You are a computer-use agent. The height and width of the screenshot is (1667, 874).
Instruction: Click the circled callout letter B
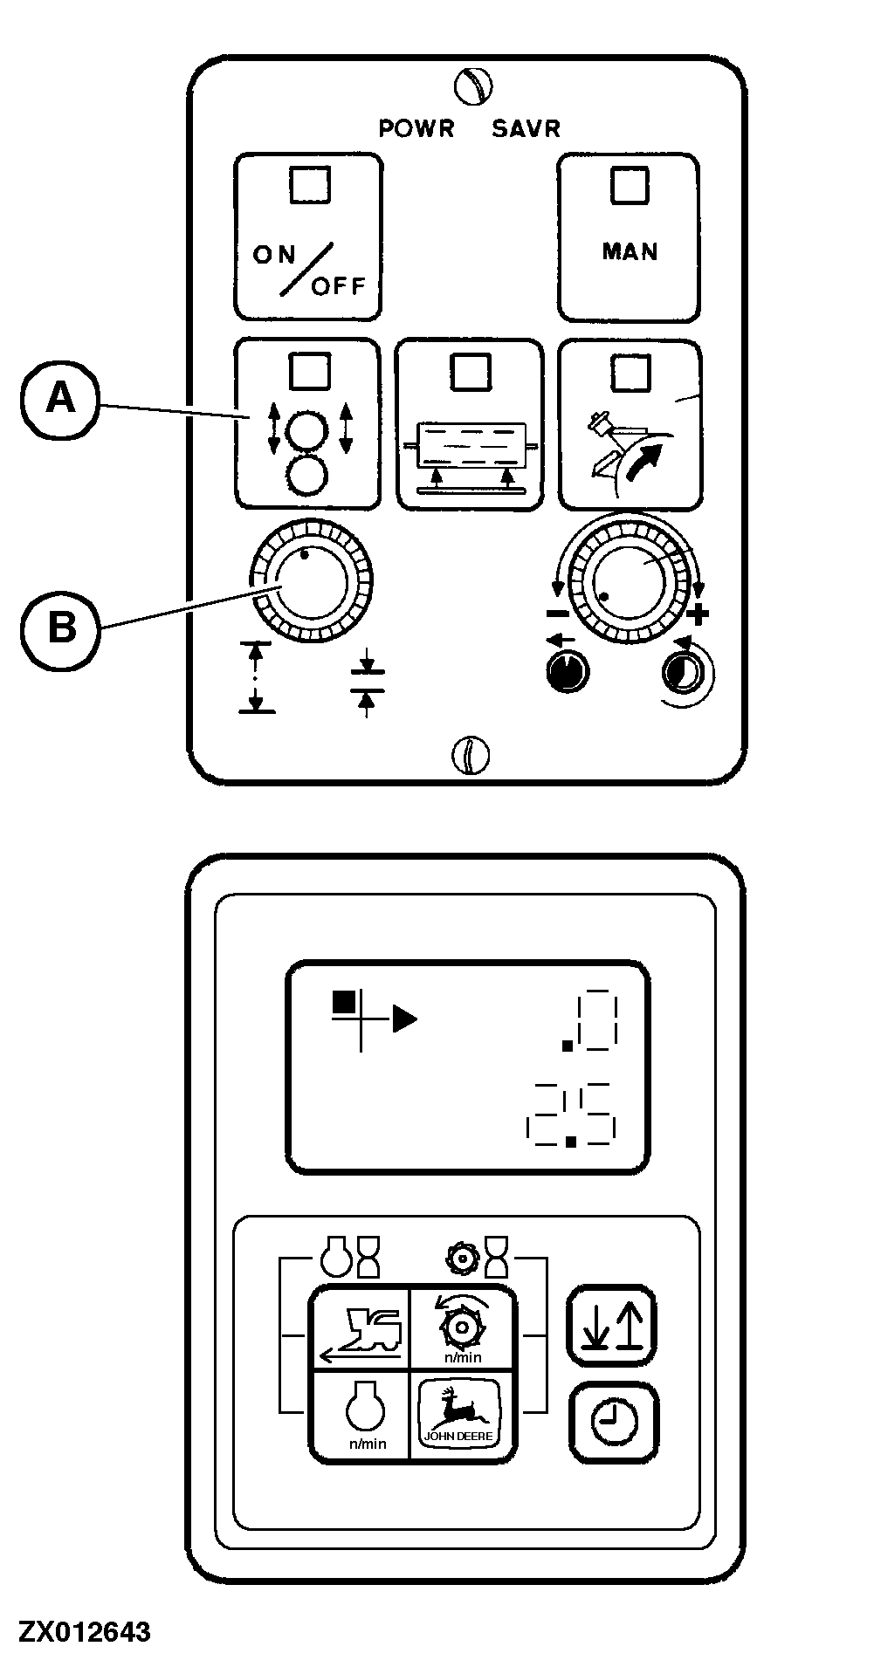(x=60, y=627)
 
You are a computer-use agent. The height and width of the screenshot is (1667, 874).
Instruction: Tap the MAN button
(x=629, y=237)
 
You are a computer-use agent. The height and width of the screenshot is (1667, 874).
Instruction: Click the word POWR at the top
(x=416, y=128)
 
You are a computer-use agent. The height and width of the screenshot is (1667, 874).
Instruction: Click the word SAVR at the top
(x=526, y=128)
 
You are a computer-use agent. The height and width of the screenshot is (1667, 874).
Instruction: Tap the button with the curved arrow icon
(x=630, y=423)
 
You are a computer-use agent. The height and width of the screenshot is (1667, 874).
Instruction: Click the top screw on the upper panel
(x=473, y=86)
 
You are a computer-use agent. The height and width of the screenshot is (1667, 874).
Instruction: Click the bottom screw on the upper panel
(x=470, y=755)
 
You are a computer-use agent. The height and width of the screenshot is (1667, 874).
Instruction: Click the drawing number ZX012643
(x=85, y=1632)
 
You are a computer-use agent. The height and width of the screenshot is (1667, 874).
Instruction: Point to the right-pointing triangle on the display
(x=404, y=1019)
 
